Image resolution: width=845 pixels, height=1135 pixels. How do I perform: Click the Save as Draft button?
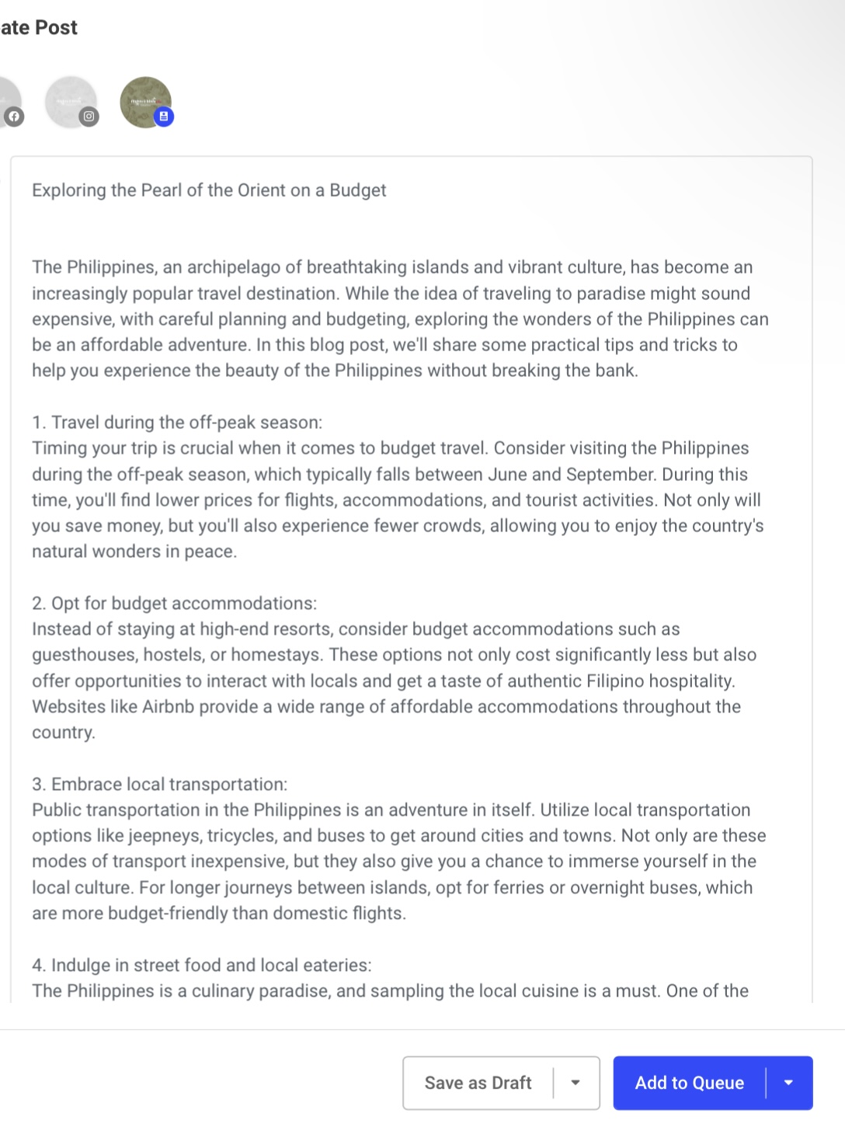(478, 1083)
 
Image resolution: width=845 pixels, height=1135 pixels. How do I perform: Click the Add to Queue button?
(689, 1083)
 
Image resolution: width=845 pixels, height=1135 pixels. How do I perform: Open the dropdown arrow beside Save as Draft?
(576, 1083)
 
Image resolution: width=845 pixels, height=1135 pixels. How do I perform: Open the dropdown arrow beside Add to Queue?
(788, 1083)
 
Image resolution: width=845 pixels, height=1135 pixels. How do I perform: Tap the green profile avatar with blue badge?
(145, 102)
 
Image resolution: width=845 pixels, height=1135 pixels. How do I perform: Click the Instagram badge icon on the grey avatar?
(89, 117)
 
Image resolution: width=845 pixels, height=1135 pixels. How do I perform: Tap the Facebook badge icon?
(14, 117)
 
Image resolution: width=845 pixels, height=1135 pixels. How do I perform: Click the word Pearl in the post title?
(161, 190)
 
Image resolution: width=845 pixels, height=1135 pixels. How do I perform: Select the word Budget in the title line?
(357, 190)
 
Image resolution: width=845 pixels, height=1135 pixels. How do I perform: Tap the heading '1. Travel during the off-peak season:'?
(177, 423)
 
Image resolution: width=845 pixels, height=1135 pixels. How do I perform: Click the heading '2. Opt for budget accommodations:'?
(174, 604)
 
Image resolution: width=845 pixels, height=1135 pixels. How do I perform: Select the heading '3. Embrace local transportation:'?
(159, 785)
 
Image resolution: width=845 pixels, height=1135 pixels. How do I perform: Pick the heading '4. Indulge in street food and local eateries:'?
(202, 966)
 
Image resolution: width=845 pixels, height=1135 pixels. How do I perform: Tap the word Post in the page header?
(56, 28)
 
